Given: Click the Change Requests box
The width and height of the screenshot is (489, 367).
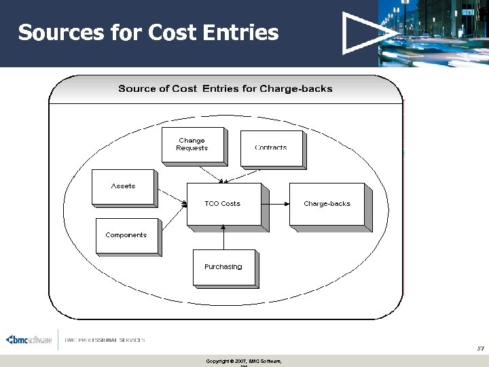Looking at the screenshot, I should pos(192,145).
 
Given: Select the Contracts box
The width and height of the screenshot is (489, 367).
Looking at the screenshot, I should pos(271,147).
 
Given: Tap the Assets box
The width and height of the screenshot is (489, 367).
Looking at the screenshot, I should pos(123,186).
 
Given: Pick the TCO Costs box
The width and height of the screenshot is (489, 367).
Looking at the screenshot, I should pos(223,203).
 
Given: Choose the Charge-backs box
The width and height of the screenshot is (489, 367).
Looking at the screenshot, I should pos(327,203).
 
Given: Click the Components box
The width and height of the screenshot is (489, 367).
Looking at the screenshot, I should pos(126,235).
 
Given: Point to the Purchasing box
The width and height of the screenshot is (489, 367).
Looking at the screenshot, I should pos(223,266).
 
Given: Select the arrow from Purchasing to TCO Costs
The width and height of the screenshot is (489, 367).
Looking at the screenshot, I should pos(223,237).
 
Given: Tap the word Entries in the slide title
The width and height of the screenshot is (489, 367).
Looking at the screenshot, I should pos(244,32).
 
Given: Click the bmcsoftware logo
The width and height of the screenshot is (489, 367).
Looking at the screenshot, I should pos(29,340).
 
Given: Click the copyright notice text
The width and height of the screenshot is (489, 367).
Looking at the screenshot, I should pos(243,361).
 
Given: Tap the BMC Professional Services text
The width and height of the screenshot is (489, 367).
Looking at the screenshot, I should pos(105,340).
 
